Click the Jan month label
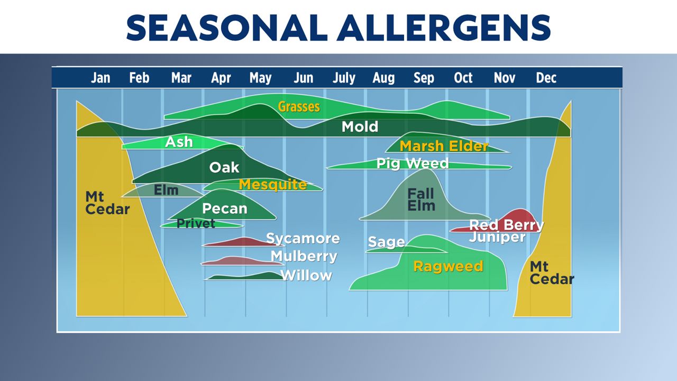click(x=100, y=78)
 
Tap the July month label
click(x=344, y=78)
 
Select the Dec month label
click(x=546, y=78)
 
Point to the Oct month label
click(x=463, y=78)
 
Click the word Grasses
click(x=299, y=107)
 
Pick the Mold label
click(x=360, y=127)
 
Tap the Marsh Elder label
click(x=444, y=146)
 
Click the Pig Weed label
click(x=413, y=164)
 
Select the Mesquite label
click(x=272, y=185)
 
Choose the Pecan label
click(x=225, y=209)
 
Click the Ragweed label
click(x=448, y=266)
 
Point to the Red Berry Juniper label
click(x=506, y=231)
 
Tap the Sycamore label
click(x=303, y=239)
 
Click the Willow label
click(x=306, y=276)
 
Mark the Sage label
click(x=386, y=242)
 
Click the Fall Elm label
click(x=421, y=200)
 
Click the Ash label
click(x=179, y=142)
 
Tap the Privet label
click(x=196, y=223)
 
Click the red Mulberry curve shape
click(x=241, y=261)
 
